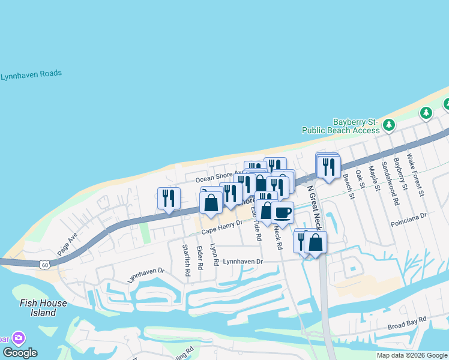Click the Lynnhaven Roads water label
(31, 75)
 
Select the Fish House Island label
(37, 308)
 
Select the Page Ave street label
(67, 245)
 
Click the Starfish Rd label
(187, 260)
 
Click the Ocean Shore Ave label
(217, 178)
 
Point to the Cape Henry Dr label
(221, 227)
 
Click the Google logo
(20, 353)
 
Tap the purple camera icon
(19, 338)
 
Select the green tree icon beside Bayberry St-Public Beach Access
(389, 125)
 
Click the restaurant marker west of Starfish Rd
(169, 199)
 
